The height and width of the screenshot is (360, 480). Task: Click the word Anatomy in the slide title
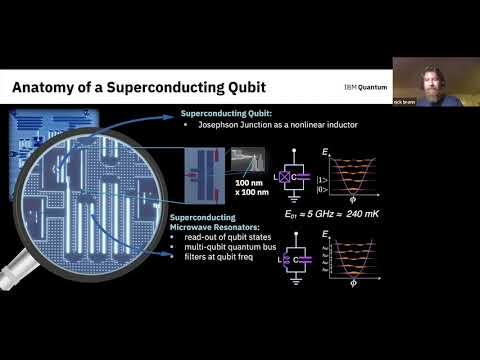point(46,89)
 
